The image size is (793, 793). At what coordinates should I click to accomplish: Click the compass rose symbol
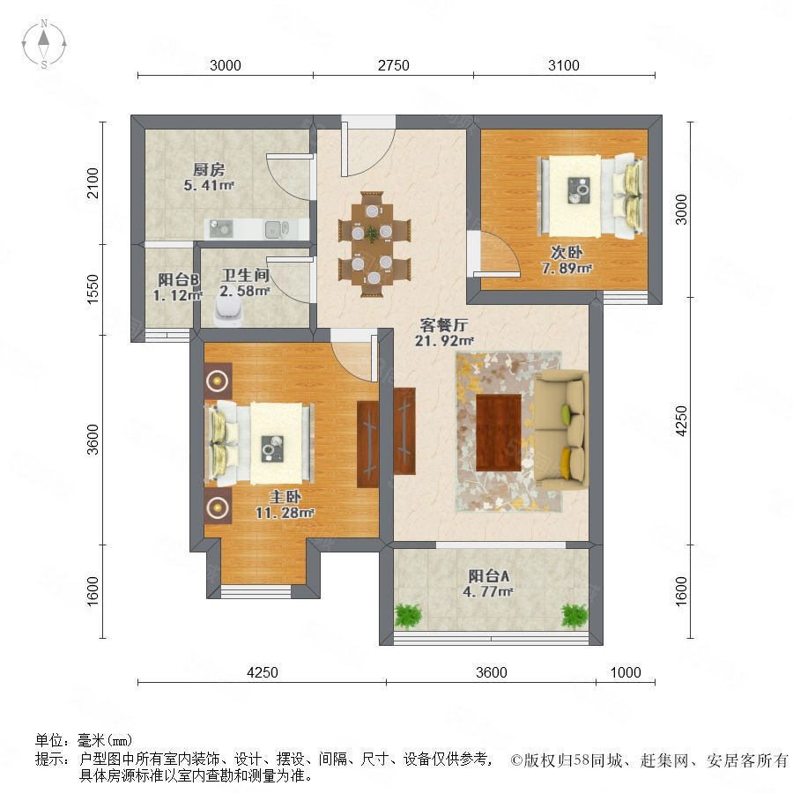(x=44, y=43)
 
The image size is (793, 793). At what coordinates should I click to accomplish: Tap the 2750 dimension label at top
(x=394, y=65)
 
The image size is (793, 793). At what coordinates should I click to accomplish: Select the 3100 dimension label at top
(x=564, y=65)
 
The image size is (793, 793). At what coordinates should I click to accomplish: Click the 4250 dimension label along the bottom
(x=263, y=672)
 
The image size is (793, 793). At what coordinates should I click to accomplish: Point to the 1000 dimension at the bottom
(x=626, y=672)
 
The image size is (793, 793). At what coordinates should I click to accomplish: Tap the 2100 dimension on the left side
(x=93, y=182)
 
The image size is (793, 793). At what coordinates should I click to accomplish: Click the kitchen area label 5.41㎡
(x=208, y=186)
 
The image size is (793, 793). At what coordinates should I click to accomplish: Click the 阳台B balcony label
(x=179, y=279)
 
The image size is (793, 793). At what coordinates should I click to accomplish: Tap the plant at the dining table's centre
(x=372, y=233)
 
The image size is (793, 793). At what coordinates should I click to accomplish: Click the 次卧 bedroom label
(x=567, y=252)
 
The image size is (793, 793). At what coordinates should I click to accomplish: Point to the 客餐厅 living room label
(x=444, y=324)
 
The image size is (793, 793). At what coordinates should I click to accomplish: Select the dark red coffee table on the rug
(x=499, y=433)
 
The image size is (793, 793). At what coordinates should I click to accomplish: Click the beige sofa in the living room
(x=562, y=430)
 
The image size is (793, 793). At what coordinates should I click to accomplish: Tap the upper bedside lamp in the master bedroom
(x=218, y=380)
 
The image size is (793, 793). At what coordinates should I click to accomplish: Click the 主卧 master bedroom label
(x=285, y=497)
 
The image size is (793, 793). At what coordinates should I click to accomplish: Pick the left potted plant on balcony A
(x=408, y=615)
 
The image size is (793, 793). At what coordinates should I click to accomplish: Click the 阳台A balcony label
(x=488, y=575)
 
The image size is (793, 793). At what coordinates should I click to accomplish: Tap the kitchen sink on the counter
(x=276, y=229)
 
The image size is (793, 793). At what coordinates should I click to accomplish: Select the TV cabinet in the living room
(x=404, y=431)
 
